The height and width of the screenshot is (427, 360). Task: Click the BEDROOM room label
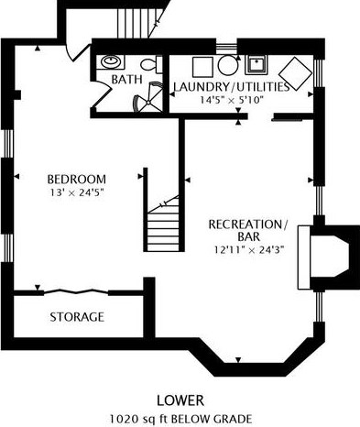(77, 179)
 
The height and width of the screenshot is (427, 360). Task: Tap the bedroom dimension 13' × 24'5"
(77, 192)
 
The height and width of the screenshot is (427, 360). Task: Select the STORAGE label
(77, 317)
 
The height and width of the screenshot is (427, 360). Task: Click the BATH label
(126, 80)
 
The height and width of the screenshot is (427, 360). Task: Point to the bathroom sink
(111, 62)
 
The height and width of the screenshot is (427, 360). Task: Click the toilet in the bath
(151, 64)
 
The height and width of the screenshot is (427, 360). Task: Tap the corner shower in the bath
(147, 97)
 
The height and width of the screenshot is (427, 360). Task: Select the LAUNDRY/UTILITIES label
(231, 87)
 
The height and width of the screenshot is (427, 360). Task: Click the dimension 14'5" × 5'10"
(231, 100)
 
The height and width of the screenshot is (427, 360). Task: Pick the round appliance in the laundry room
(228, 65)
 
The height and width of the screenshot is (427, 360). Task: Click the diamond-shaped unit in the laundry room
(296, 73)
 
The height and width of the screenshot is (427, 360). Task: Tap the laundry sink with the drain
(256, 64)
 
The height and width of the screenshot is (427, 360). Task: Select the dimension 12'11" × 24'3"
(249, 250)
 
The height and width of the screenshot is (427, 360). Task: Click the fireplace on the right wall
(328, 257)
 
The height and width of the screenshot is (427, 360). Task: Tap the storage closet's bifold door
(76, 291)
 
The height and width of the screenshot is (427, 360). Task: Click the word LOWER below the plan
(180, 400)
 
